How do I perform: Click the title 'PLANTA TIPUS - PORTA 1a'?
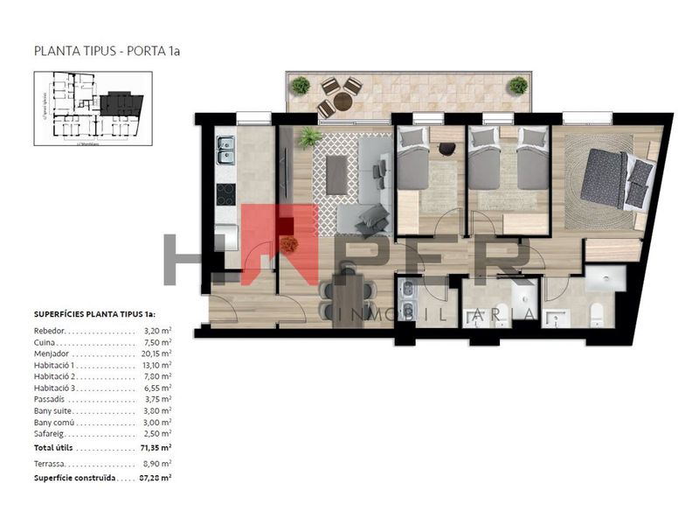[106, 51]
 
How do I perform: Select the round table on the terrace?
[342, 101]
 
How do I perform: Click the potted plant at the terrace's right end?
[518, 86]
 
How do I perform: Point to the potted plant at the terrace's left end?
[301, 86]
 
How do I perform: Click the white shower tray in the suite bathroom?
[605, 279]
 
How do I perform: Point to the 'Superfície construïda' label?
[74, 479]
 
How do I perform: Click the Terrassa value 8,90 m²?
[157, 463]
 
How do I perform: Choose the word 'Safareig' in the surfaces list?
[50, 433]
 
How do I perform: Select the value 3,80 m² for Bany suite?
[157, 410]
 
